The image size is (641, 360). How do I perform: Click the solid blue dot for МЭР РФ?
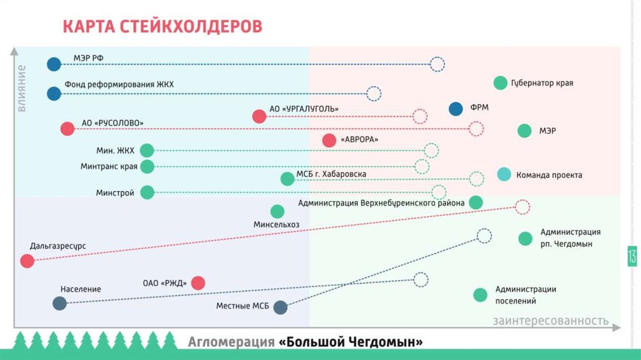coord(54,64)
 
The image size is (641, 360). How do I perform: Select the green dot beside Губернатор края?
coord(500,83)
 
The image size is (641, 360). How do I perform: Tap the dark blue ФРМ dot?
coord(456,108)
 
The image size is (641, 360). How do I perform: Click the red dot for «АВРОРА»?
coord(329,140)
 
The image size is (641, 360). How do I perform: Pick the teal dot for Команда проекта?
coord(504,175)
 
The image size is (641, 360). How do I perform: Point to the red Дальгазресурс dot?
coord(27,261)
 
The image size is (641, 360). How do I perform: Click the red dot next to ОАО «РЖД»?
coord(198,283)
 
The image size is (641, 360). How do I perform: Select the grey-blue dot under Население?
coord(59,304)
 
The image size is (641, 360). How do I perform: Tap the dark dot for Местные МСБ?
coord(280,307)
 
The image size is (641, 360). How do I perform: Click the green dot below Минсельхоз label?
coord(277,212)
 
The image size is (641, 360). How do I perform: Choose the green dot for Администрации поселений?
coord(480,295)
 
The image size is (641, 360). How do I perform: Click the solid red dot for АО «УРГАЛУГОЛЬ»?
coord(259,116)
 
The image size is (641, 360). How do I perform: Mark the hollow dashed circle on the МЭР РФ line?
coord(437,64)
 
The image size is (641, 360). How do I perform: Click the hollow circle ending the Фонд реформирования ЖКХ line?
coord(374,94)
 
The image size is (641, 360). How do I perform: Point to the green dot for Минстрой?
coord(146,192)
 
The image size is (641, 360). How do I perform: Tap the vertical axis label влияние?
coord(21,88)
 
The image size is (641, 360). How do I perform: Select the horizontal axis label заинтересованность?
coord(550,321)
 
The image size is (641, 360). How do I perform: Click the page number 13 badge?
coord(632,256)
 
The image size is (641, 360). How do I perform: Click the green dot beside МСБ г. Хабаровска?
coord(287,179)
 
